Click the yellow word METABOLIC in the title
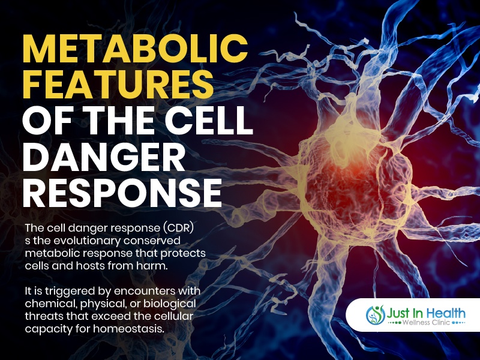pyautogui.click(x=135, y=49)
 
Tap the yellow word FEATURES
pyautogui.click(x=118, y=84)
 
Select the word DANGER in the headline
pyautogui.click(x=104, y=158)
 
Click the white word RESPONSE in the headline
pyautogui.click(x=122, y=193)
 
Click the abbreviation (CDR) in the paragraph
pyautogui.click(x=178, y=229)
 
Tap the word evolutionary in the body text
pyautogui.click(x=87, y=241)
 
